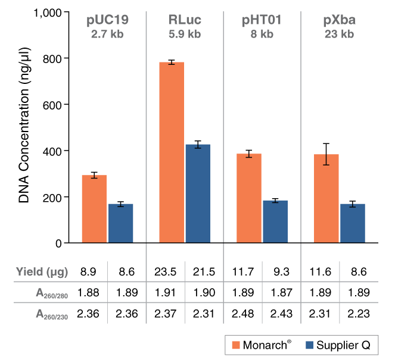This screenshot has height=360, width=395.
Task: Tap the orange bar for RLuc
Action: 172,152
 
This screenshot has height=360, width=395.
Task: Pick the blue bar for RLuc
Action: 198,193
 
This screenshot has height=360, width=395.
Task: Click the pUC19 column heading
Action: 107,20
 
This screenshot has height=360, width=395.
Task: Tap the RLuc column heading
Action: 185,20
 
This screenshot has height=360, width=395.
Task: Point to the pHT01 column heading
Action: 262,20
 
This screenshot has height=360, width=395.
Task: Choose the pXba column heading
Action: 339,20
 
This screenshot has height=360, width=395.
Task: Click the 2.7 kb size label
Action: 107,35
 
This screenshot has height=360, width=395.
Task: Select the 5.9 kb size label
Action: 185,35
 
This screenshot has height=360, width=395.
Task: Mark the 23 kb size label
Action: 339,35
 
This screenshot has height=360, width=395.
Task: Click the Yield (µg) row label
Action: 42,272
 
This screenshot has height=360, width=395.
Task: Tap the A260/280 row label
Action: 52,293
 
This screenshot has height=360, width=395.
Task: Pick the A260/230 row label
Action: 52,314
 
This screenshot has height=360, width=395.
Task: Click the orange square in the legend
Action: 236,345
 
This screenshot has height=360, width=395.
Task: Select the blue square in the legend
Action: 310,345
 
